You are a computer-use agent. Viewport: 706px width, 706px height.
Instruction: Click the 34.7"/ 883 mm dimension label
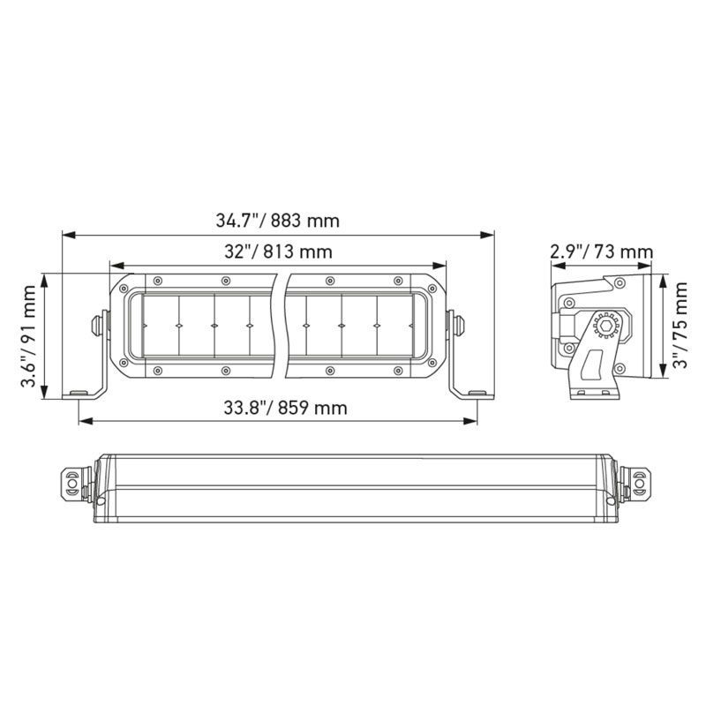[278, 220]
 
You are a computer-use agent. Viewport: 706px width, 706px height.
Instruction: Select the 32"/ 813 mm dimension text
[278, 252]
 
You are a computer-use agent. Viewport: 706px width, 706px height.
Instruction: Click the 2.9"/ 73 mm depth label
[600, 252]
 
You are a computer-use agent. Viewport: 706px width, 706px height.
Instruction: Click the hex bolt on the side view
[606, 326]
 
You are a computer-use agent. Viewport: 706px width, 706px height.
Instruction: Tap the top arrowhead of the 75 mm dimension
[663, 277]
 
